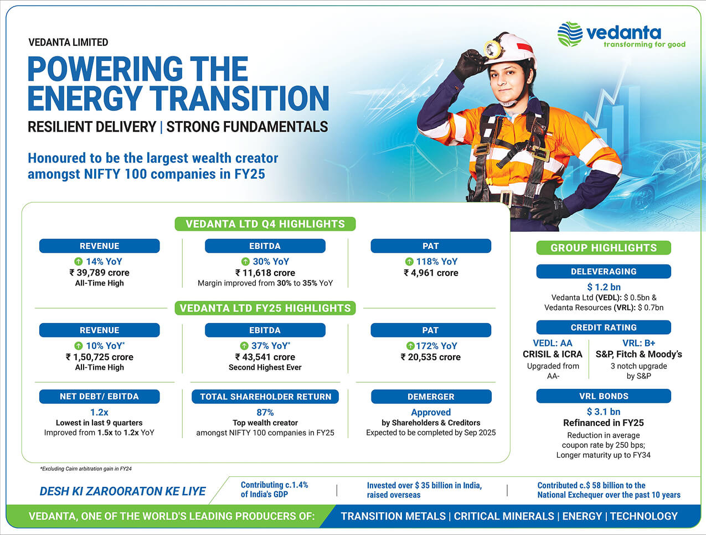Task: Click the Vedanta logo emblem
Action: coord(570,34)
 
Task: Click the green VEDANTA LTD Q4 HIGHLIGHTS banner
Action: coord(265,224)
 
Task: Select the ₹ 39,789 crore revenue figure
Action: coord(99,273)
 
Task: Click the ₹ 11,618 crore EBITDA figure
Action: coord(265,273)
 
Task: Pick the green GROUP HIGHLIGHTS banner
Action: coord(604,248)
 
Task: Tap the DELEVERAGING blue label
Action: coord(604,272)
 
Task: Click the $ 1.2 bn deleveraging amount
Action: coord(604,287)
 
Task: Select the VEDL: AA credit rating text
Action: coord(553,343)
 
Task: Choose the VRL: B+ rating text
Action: coord(639,343)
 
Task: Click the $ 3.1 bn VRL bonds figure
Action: coord(604,411)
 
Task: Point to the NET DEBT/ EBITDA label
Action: coord(99,397)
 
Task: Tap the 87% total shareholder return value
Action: coord(265,412)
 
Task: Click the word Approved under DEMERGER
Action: coord(431,412)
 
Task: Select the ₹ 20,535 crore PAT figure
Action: coord(430,357)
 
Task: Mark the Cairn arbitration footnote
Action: coord(86,469)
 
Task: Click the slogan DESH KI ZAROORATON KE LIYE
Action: coord(122,491)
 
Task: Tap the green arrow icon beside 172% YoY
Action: coord(410,346)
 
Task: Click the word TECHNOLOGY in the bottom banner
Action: coord(644,516)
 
